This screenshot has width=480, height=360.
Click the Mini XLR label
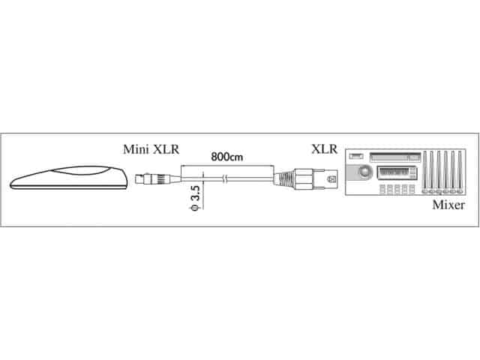coord(150,149)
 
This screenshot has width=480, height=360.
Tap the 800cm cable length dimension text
coord(228,157)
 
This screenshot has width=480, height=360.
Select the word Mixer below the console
coord(448,205)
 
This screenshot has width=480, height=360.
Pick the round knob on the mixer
coord(364,173)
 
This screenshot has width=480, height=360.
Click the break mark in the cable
coord(227,179)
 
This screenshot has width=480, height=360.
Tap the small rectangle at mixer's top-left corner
coord(356,156)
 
